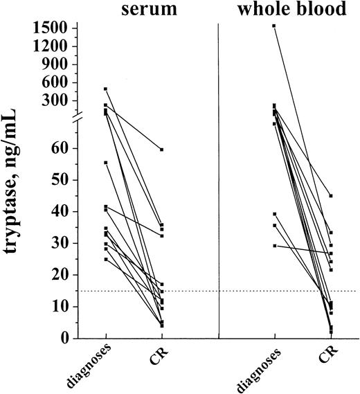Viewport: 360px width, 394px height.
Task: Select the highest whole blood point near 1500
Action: coord(274,26)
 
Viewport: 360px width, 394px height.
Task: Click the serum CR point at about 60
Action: coord(162,150)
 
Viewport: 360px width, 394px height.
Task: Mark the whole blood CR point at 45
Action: coord(331,196)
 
